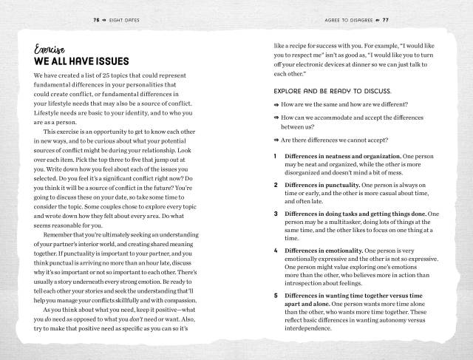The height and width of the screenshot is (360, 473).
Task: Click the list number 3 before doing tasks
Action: tap(275, 214)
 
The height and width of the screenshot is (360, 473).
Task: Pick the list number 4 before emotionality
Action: tap(275, 251)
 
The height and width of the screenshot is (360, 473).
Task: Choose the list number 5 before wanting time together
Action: tap(275, 295)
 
